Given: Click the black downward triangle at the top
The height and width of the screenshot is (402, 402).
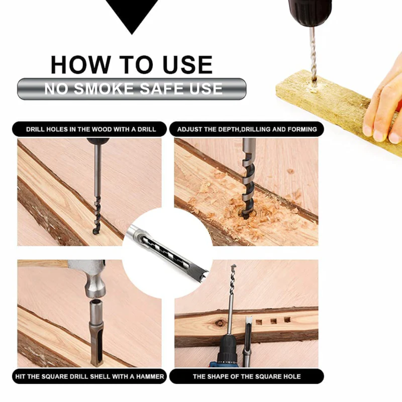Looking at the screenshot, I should (132, 13).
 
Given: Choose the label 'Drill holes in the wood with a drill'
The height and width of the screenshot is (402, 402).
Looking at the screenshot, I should (91, 130).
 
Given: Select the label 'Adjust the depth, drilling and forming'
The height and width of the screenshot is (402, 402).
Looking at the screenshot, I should (247, 130).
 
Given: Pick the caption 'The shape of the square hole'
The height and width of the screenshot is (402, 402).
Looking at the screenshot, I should (246, 376).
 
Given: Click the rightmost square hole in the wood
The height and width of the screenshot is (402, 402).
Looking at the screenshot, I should (287, 319).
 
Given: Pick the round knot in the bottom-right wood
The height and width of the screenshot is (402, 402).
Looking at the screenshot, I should (220, 323).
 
